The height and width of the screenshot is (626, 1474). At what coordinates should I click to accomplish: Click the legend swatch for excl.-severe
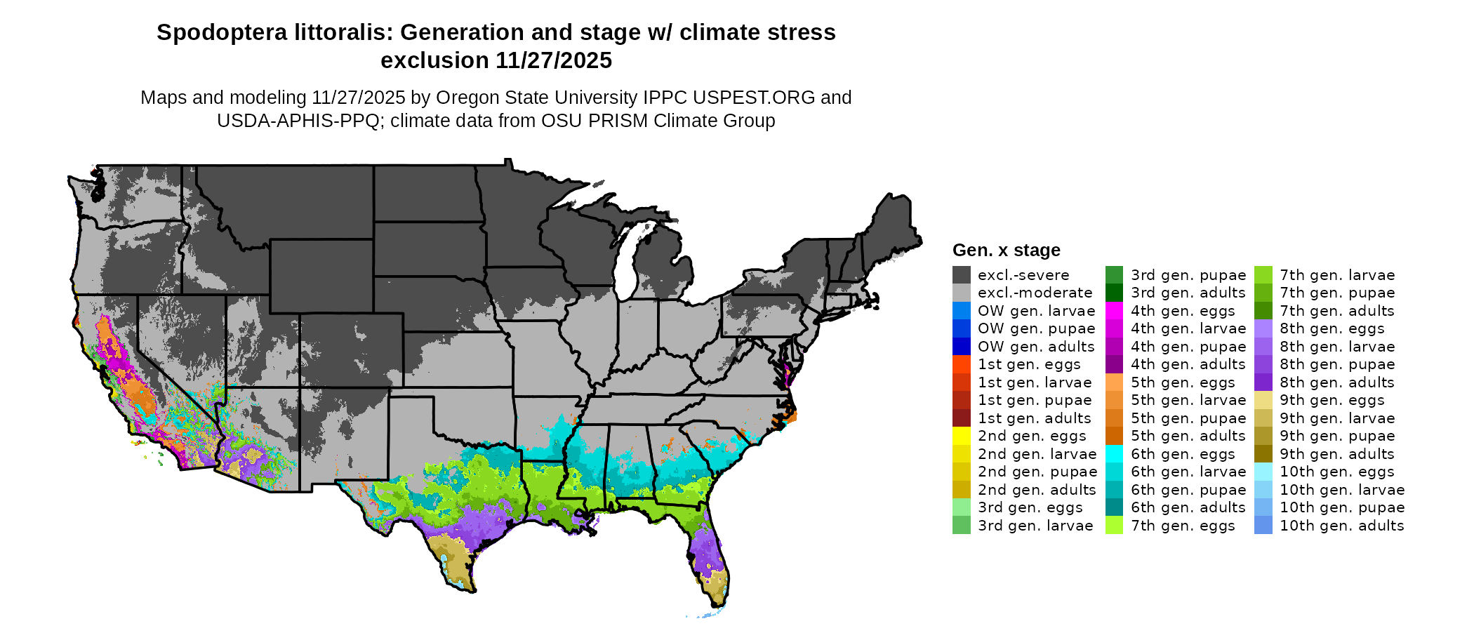click(961, 275)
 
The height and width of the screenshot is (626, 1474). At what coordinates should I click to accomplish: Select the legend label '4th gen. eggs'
click(1183, 311)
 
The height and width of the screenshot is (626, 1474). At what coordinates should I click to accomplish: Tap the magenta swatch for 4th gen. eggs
click(1114, 311)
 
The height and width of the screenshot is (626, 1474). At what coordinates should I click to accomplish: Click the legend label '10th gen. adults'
click(1341, 526)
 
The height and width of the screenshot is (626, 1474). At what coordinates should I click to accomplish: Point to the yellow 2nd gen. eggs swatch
click(961, 436)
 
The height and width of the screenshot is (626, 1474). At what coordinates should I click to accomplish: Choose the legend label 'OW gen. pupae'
click(1036, 328)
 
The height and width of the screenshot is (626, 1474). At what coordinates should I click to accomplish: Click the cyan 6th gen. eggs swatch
click(1114, 454)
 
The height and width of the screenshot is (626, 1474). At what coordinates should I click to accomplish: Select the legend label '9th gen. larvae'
click(1337, 418)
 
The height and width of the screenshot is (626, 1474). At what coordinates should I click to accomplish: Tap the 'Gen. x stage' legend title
click(1006, 251)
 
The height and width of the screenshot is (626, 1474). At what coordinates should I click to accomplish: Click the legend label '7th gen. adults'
click(1337, 311)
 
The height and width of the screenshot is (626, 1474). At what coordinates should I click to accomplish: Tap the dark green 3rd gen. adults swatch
click(1114, 293)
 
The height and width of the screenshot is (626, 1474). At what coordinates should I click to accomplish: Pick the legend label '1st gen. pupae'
click(1035, 400)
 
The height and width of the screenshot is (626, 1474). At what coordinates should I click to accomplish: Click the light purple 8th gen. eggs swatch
click(1263, 328)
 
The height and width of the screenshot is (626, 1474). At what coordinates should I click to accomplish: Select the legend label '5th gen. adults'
click(1188, 436)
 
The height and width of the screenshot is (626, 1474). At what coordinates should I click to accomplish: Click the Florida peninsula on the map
click(709, 554)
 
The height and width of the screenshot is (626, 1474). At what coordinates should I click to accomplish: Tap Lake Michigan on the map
click(627, 263)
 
